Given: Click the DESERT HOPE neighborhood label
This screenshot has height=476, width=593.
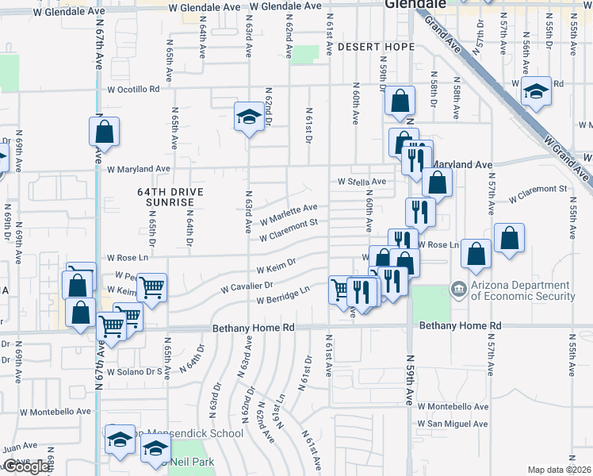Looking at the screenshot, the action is [x=376, y=48].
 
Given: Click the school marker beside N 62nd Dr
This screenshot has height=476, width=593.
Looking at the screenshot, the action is [x=249, y=117].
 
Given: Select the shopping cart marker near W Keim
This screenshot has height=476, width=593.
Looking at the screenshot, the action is [x=151, y=287].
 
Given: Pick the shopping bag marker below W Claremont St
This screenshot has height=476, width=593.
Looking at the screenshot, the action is [x=508, y=237].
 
